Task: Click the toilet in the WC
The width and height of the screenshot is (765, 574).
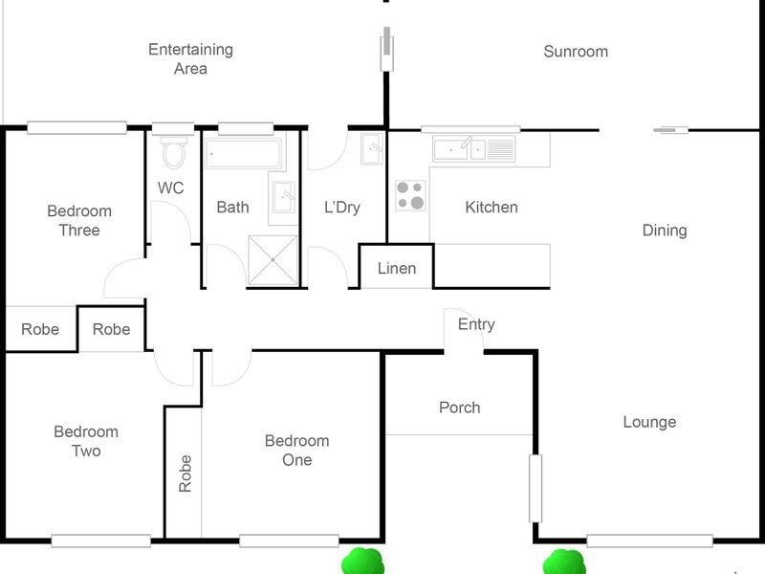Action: click(x=174, y=151)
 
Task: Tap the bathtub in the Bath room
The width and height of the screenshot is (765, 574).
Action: click(x=244, y=152)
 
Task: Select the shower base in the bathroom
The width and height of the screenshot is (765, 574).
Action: click(x=273, y=259)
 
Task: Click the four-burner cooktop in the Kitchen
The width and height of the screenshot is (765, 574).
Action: click(x=411, y=195)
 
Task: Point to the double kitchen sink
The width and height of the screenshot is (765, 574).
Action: click(x=473, y=148)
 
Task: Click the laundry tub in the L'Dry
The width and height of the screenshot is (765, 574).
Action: click(x=372, y=149)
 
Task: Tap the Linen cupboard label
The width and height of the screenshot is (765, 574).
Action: click(x=396, y=268)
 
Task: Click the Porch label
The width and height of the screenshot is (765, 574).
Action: click(x=459, y=408)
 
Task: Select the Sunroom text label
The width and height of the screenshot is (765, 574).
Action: click(x=576, y=52)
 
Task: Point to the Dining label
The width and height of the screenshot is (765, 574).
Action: click(x=664, y=230)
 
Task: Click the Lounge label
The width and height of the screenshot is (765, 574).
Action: click(x=649, y=422)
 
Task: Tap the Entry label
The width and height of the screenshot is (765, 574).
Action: click(x=476, y=324)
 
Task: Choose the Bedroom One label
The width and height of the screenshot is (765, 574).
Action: click(x=296, y=451)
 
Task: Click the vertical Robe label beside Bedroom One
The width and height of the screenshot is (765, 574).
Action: click(x=185, y=473)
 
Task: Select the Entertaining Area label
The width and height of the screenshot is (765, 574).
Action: click(x=190, y=58)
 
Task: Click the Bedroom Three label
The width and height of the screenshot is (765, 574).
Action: click(x=79, y=220)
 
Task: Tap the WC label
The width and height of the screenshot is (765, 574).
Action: click(x=170, y=188)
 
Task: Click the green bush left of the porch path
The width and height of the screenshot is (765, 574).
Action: click(x=362, y=561)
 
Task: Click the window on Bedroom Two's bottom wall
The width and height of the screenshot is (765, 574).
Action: click(x=100, y=541)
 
